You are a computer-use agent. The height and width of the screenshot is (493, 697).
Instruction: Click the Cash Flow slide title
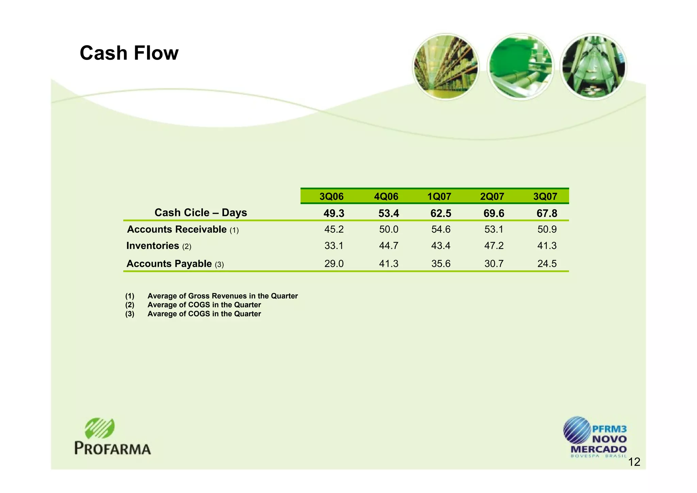tap(129, 53)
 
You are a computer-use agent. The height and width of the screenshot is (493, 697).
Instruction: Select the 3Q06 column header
tap(331, 197)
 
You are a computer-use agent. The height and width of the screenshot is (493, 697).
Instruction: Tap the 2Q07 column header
tap(492, 197)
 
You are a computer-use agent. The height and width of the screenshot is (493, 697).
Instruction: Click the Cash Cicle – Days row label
tap(200, 213)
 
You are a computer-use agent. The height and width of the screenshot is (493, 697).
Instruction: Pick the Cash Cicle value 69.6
tap(494, 214)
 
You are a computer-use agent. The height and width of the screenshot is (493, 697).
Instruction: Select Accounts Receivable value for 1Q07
tap(441, 229)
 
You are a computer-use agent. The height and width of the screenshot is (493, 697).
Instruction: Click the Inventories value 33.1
tap(334, 246)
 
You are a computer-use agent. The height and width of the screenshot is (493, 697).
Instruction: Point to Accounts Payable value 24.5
tap(547, 264)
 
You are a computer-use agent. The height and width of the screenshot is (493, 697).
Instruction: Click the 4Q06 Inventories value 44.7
tap(389, 246)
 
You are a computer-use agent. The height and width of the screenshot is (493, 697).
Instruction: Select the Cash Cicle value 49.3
tap(334, 214)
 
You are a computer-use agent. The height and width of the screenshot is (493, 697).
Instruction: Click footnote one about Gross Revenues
tap(222, 296)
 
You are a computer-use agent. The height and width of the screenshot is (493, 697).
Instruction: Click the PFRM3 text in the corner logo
tap(609, 429)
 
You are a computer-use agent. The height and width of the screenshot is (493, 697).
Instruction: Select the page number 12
tap(634, 462)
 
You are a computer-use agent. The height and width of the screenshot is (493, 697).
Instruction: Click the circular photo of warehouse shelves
tap(446, 67)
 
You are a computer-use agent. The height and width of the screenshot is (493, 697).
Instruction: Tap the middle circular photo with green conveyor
tap(520, 67)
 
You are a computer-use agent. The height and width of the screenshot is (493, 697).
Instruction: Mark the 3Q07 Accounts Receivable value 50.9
tap(547, 229)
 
